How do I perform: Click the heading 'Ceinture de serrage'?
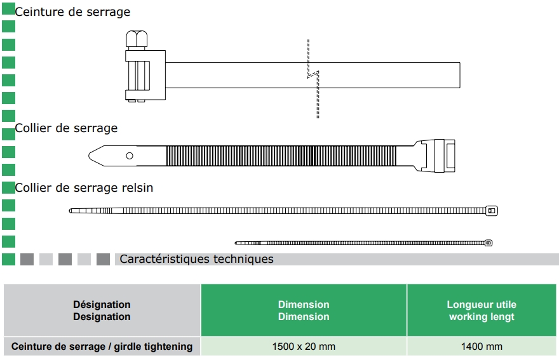(x=72, y=12)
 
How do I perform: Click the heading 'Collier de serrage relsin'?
(x=84, y=188)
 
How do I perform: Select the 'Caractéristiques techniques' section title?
(x=196, y=259)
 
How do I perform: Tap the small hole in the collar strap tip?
(x=130, y=156)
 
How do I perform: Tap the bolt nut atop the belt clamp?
(x=138, y=39)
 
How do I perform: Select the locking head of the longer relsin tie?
(x=492, y=211)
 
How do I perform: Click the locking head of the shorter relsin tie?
(x=488, y=243)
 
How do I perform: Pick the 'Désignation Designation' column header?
(x=102, y=310)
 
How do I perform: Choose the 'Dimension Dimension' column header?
(x=304, y=310)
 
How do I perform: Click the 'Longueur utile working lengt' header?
(x=482, y=310)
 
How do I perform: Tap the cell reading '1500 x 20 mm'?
(x=304, y=346)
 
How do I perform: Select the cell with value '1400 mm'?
(x=482, y=346)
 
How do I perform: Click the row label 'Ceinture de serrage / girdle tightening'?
(x=102, y=346)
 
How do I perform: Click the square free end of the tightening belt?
(x=455, y=75)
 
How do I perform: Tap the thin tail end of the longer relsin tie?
(x=72, y=211)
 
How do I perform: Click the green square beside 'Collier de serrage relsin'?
(x=8, y=187)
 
